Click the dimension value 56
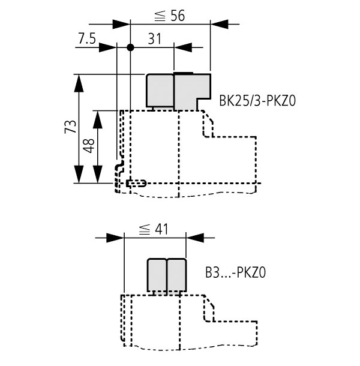(x=178, y=16)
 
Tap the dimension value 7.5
(x=87, y=38)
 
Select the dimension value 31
(x=155, y=39)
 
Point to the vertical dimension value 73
(x=71, y=127)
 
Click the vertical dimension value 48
(x=89, y=146)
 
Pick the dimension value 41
(x=161, y=229)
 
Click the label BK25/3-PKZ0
(x=257, y=101)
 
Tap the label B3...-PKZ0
(x=236, y=272)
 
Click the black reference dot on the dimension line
(x=130, y=47)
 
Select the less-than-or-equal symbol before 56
(x=160, y=16)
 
